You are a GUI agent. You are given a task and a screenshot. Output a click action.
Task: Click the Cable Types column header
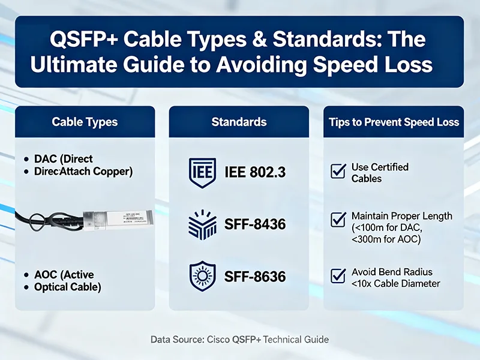tap(85, 122)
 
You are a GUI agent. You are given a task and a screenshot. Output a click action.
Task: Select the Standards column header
tap(239, 122)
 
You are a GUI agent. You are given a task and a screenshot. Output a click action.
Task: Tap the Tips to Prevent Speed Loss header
tap(394, 122)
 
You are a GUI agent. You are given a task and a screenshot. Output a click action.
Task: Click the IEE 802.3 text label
tap(256, 173)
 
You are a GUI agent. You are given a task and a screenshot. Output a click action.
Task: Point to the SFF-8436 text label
tap(255, 226)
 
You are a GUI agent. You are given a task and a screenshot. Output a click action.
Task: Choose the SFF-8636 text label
tap(255, 278)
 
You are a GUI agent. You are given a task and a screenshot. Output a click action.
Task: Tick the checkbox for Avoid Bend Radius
tap(338, 277)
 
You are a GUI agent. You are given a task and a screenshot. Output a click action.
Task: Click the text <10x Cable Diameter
tap(396, 283)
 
